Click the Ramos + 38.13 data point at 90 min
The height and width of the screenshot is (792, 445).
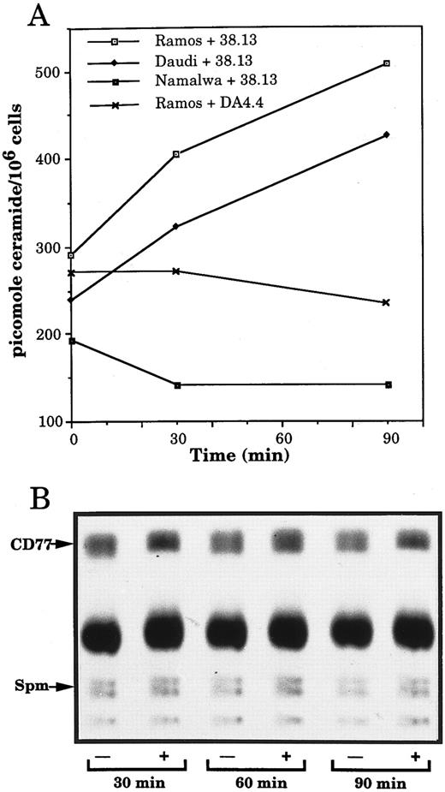tap(387, 63)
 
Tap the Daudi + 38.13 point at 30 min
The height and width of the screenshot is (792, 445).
tap(176, 226)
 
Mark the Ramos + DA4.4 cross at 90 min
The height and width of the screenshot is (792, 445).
tap(387, 302)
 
